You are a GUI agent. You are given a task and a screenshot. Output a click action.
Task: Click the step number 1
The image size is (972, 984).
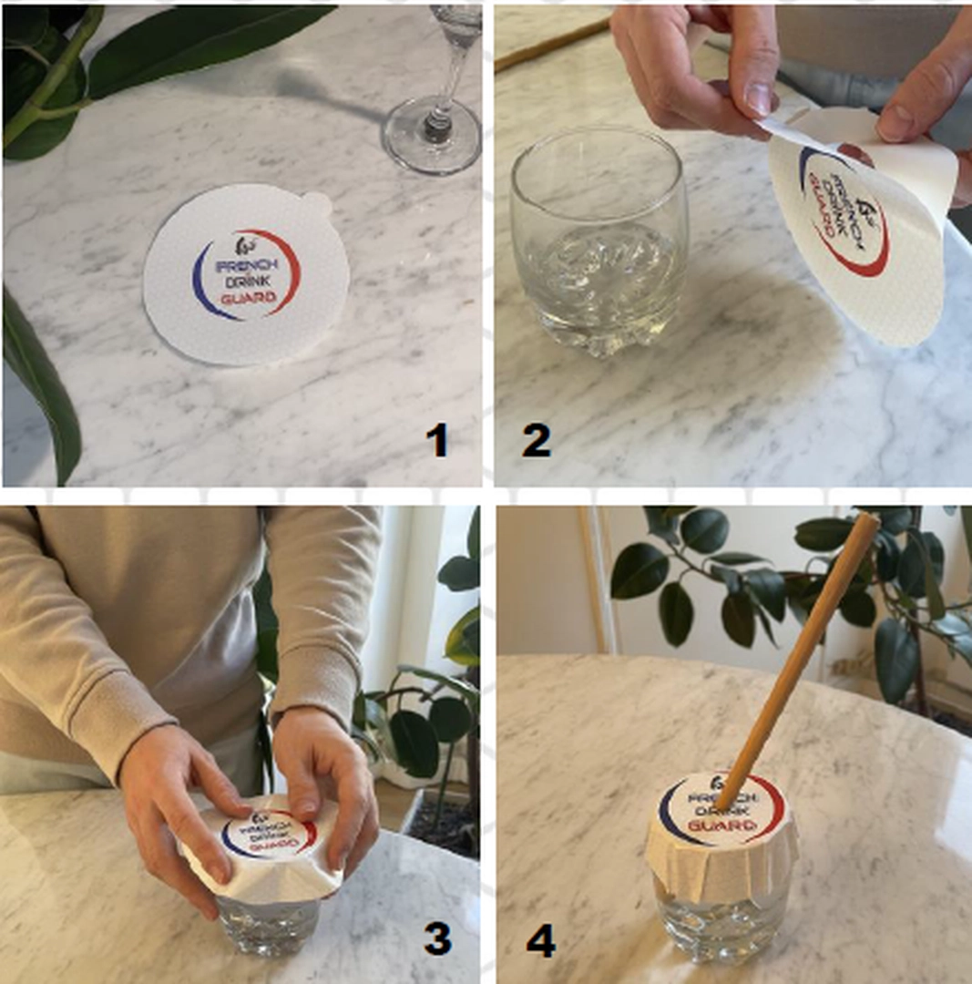pyautogui.click(x=438, y=440)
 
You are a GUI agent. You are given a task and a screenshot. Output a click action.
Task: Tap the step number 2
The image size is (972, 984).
pyautogui.click(x=536, y=440)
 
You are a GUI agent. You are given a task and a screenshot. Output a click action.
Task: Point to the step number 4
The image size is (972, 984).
pyautogui.click(x=541, y=941)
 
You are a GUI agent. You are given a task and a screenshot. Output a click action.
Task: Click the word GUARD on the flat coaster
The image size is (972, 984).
pyautogui.click(x=249, y=298)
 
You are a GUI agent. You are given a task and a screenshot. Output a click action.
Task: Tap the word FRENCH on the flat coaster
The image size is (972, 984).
pyautogui.click(x=247, y=265)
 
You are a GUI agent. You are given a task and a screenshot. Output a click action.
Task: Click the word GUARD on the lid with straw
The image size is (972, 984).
pyautogui.click(x=721, y=825)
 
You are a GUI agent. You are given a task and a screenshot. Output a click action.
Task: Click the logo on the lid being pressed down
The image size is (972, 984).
pyautogui.click(x=270, y=835)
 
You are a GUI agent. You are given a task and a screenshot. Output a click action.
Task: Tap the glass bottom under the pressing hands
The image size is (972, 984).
pyautogui.click(x=270, y=925)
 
